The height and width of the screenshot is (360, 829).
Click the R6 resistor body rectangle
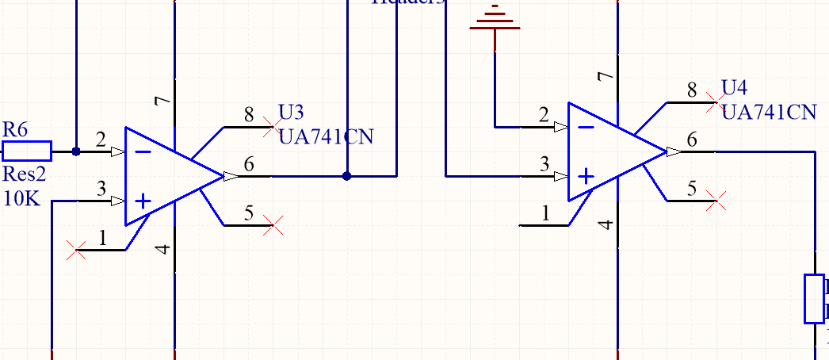(28, 151)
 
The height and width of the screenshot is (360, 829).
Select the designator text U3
(291, 111)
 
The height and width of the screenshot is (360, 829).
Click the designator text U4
(734, 86)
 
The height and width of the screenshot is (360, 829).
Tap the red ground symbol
(495, 17)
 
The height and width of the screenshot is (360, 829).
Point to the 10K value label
(21, 198)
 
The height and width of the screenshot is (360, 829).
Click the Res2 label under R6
(25, 174)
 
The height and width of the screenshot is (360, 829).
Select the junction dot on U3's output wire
(346, 176)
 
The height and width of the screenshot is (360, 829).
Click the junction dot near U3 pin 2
(75, 151)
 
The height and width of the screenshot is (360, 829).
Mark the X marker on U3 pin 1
(77, 251)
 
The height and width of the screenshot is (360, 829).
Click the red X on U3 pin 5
(273, 226)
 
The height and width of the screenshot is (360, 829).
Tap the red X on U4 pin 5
(716, 201)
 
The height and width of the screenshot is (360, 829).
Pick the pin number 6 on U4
(692, 140)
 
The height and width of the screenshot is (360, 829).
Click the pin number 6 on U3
(249, 165)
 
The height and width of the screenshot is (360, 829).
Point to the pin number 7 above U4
(606, 77)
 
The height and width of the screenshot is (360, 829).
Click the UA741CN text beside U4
(769, 112)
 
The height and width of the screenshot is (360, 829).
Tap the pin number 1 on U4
(545, 213)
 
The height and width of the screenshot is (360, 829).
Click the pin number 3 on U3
(101, 189)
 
